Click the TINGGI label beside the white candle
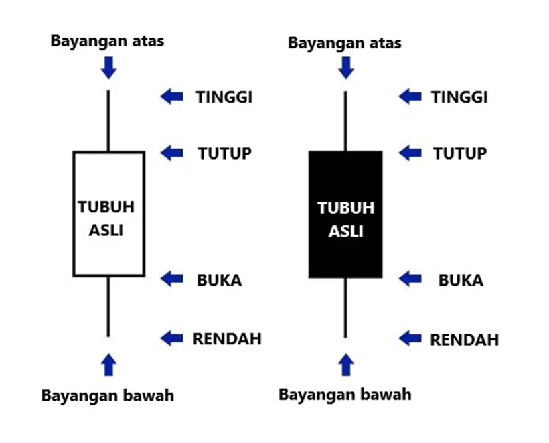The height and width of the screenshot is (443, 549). point(224,97)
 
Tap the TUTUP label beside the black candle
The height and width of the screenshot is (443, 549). point(460,153)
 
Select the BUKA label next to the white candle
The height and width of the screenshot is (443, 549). point(219,280)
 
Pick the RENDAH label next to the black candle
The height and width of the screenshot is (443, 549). point(464,340)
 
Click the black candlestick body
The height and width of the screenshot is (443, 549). point(345,214)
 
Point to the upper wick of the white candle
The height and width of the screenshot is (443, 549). point(108,121)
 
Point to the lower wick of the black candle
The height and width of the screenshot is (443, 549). point(345,308)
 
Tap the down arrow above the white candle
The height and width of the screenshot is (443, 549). point(108,68)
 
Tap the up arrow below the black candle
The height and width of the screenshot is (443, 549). point(346,365)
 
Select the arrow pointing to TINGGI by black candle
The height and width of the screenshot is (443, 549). point(410,97)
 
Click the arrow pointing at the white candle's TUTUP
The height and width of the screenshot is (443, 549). point(171,153)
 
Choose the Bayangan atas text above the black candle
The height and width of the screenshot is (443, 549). point(345,43)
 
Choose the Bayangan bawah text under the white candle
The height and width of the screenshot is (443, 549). point(108,395)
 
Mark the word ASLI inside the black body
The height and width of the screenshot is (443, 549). point(345,231)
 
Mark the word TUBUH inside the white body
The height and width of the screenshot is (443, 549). point(106,207)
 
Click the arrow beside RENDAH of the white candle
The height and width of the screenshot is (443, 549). point(171,338)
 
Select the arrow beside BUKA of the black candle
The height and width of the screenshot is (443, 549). point(410,279)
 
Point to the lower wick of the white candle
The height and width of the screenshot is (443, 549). point(108,307)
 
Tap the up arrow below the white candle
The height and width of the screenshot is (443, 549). point(108,365)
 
